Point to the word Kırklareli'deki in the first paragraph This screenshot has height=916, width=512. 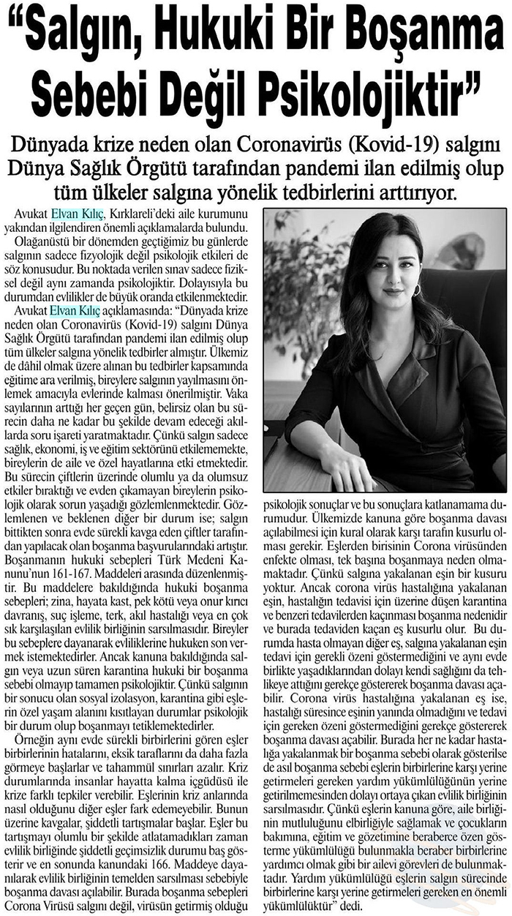pyautogui.click(x=151, y=214)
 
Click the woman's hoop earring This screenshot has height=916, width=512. pyautogui.click(x=418, y=290)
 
